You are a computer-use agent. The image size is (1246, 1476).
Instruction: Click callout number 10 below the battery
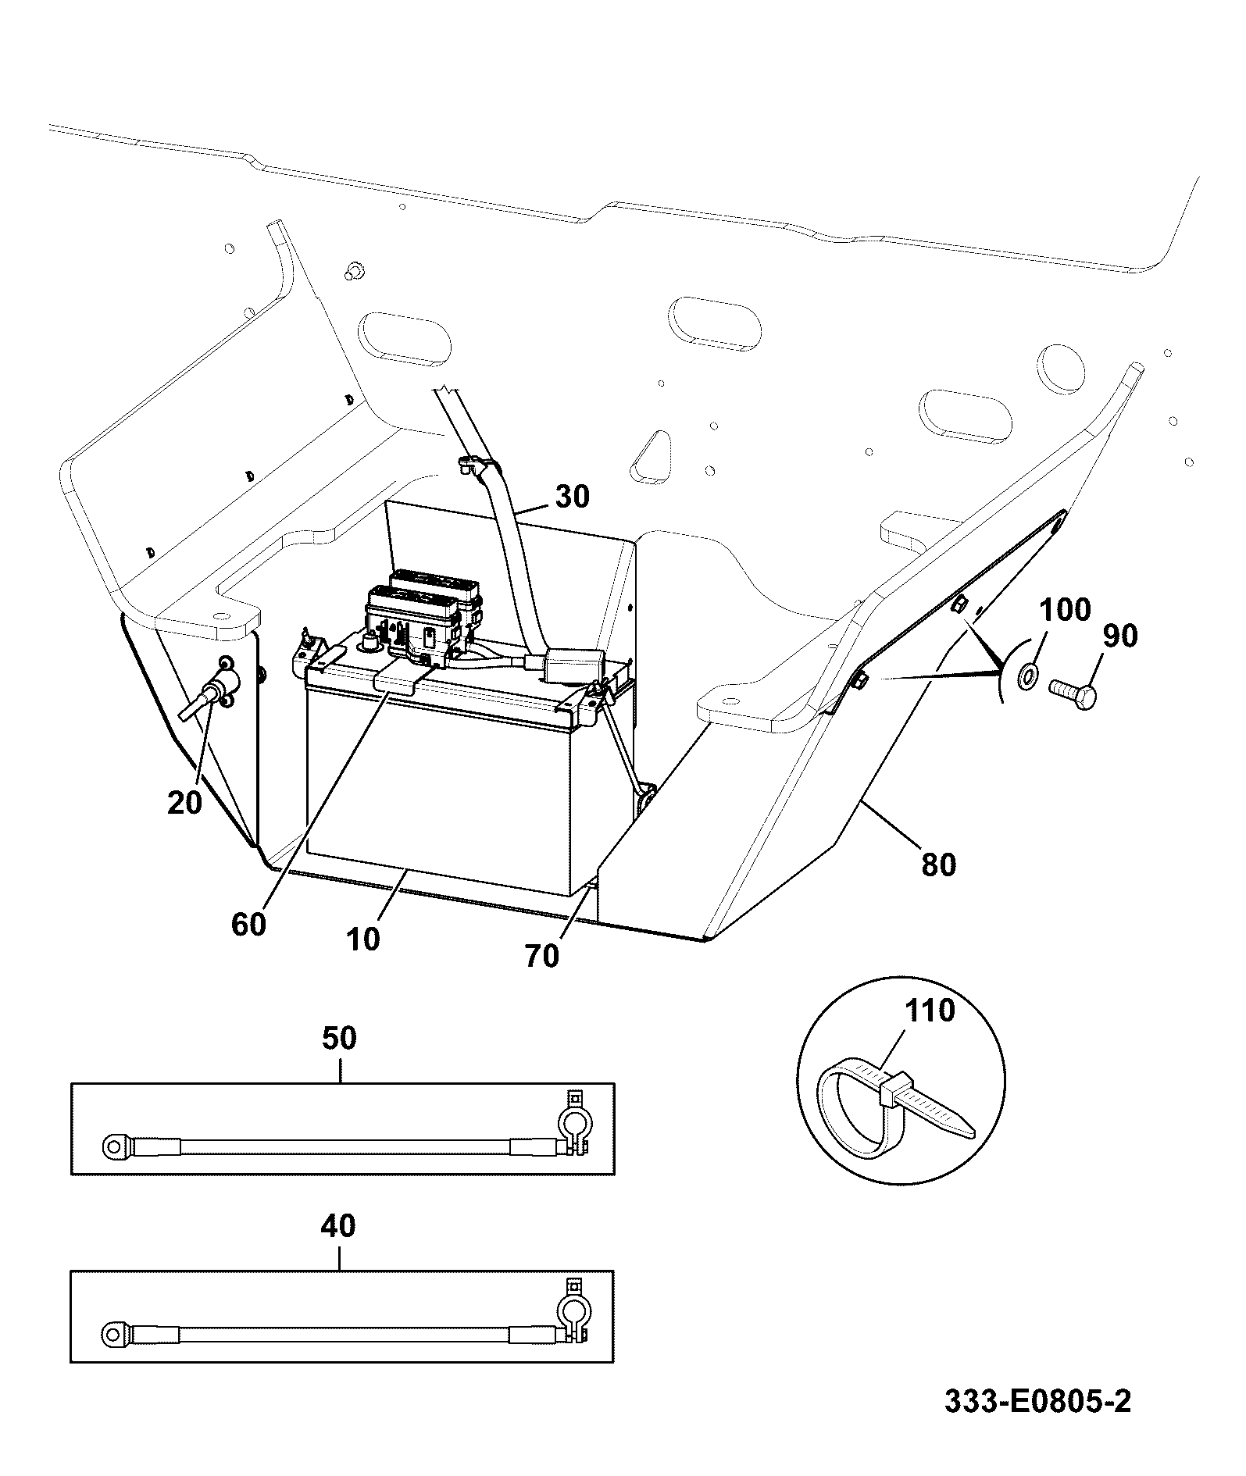point(362,938)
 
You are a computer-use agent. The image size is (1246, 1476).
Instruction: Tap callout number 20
point(184,802)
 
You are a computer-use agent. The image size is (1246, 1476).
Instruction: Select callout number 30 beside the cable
point(573,497)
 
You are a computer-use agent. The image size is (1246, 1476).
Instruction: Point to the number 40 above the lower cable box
point(338,1226)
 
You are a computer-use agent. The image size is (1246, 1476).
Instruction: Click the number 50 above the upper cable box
point(339,1038)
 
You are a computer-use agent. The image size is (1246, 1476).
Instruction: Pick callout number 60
point(249,925)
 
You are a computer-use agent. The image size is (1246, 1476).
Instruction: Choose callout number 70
point(542,956)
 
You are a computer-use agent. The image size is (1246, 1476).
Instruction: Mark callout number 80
point(938,865)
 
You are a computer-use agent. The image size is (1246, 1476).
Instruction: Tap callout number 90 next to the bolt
point(1120,636)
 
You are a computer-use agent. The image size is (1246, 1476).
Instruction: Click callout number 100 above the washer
point(1066,609)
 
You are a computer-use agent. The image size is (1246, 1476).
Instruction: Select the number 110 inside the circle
point(930,1011)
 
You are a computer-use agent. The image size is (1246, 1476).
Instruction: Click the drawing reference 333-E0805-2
point(1037,1402)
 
